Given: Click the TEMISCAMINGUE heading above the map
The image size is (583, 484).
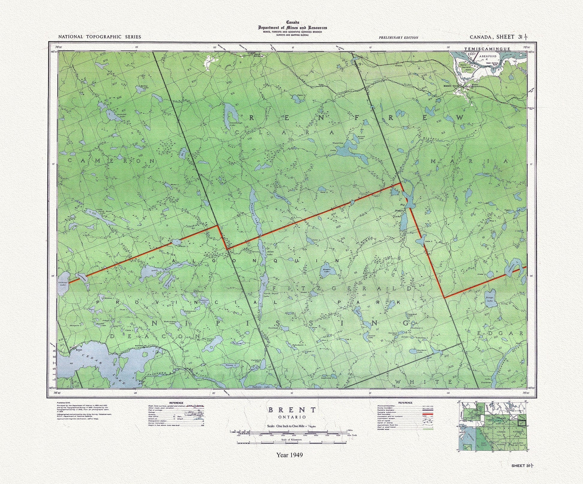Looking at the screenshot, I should coord(483,49).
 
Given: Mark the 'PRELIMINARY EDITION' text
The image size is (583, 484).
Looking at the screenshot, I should coord(398,37).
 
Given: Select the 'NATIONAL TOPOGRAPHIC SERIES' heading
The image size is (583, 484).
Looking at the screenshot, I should coord(99,37).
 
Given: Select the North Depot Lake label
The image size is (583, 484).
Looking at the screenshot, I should coord(267,295).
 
